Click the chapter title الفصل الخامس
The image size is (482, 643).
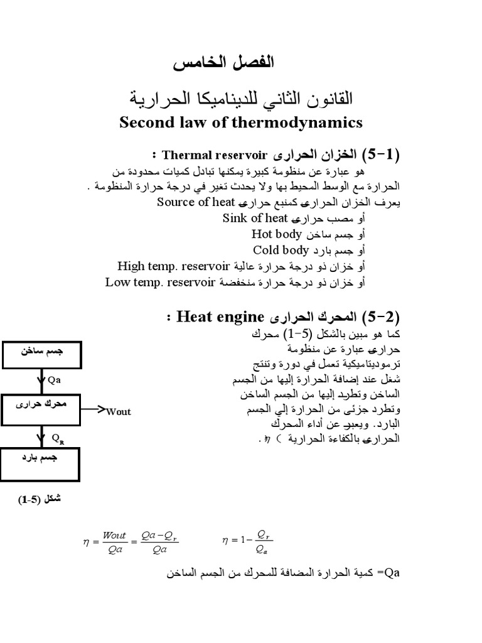pos(223,63)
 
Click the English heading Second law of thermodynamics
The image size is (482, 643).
pos(241,122)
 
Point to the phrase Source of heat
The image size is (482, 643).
pos(196,203)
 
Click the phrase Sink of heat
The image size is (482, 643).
pos(255,219)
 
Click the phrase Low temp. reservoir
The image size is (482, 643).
pos(160,283)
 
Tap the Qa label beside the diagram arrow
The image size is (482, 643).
pos(54,380)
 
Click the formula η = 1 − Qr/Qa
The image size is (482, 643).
pos(248,539)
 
